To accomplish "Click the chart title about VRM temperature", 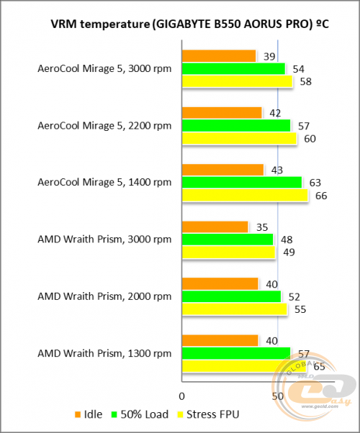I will pos(180,25).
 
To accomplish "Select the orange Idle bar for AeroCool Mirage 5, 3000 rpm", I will pos(219,56).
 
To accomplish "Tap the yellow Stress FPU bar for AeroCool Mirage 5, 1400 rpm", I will pos(245,196).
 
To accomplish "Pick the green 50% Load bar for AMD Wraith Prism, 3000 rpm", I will pos(228,240).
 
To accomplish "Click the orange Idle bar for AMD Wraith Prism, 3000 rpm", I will pos(215,227).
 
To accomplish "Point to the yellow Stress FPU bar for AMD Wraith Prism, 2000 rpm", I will pos(235,309).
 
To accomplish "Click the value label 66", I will pos(322,196).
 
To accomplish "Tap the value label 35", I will pos(261,227).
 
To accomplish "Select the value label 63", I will pos(315,183).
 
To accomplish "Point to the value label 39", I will pos(269,56).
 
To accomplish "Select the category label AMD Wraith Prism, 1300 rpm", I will pos(104,353).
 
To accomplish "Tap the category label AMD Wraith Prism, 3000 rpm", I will pos(104,240).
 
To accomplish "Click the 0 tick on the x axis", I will pos(182,396).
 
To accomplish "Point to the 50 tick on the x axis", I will pos(277,396).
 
